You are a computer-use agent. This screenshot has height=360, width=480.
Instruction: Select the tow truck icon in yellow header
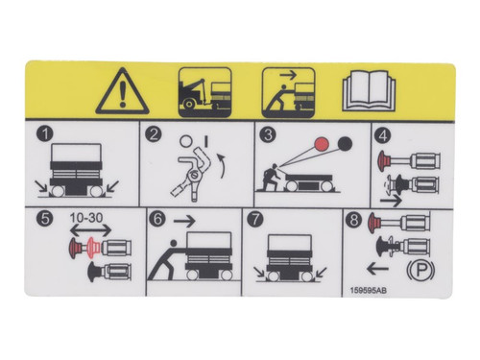pos(204,90)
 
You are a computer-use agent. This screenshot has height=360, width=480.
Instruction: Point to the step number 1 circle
pos(41,135)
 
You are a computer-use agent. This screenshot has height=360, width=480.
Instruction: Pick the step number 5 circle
pos(41,219)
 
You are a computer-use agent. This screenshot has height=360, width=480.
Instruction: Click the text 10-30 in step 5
pos(88,218)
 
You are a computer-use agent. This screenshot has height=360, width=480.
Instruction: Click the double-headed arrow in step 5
pos(88,230)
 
